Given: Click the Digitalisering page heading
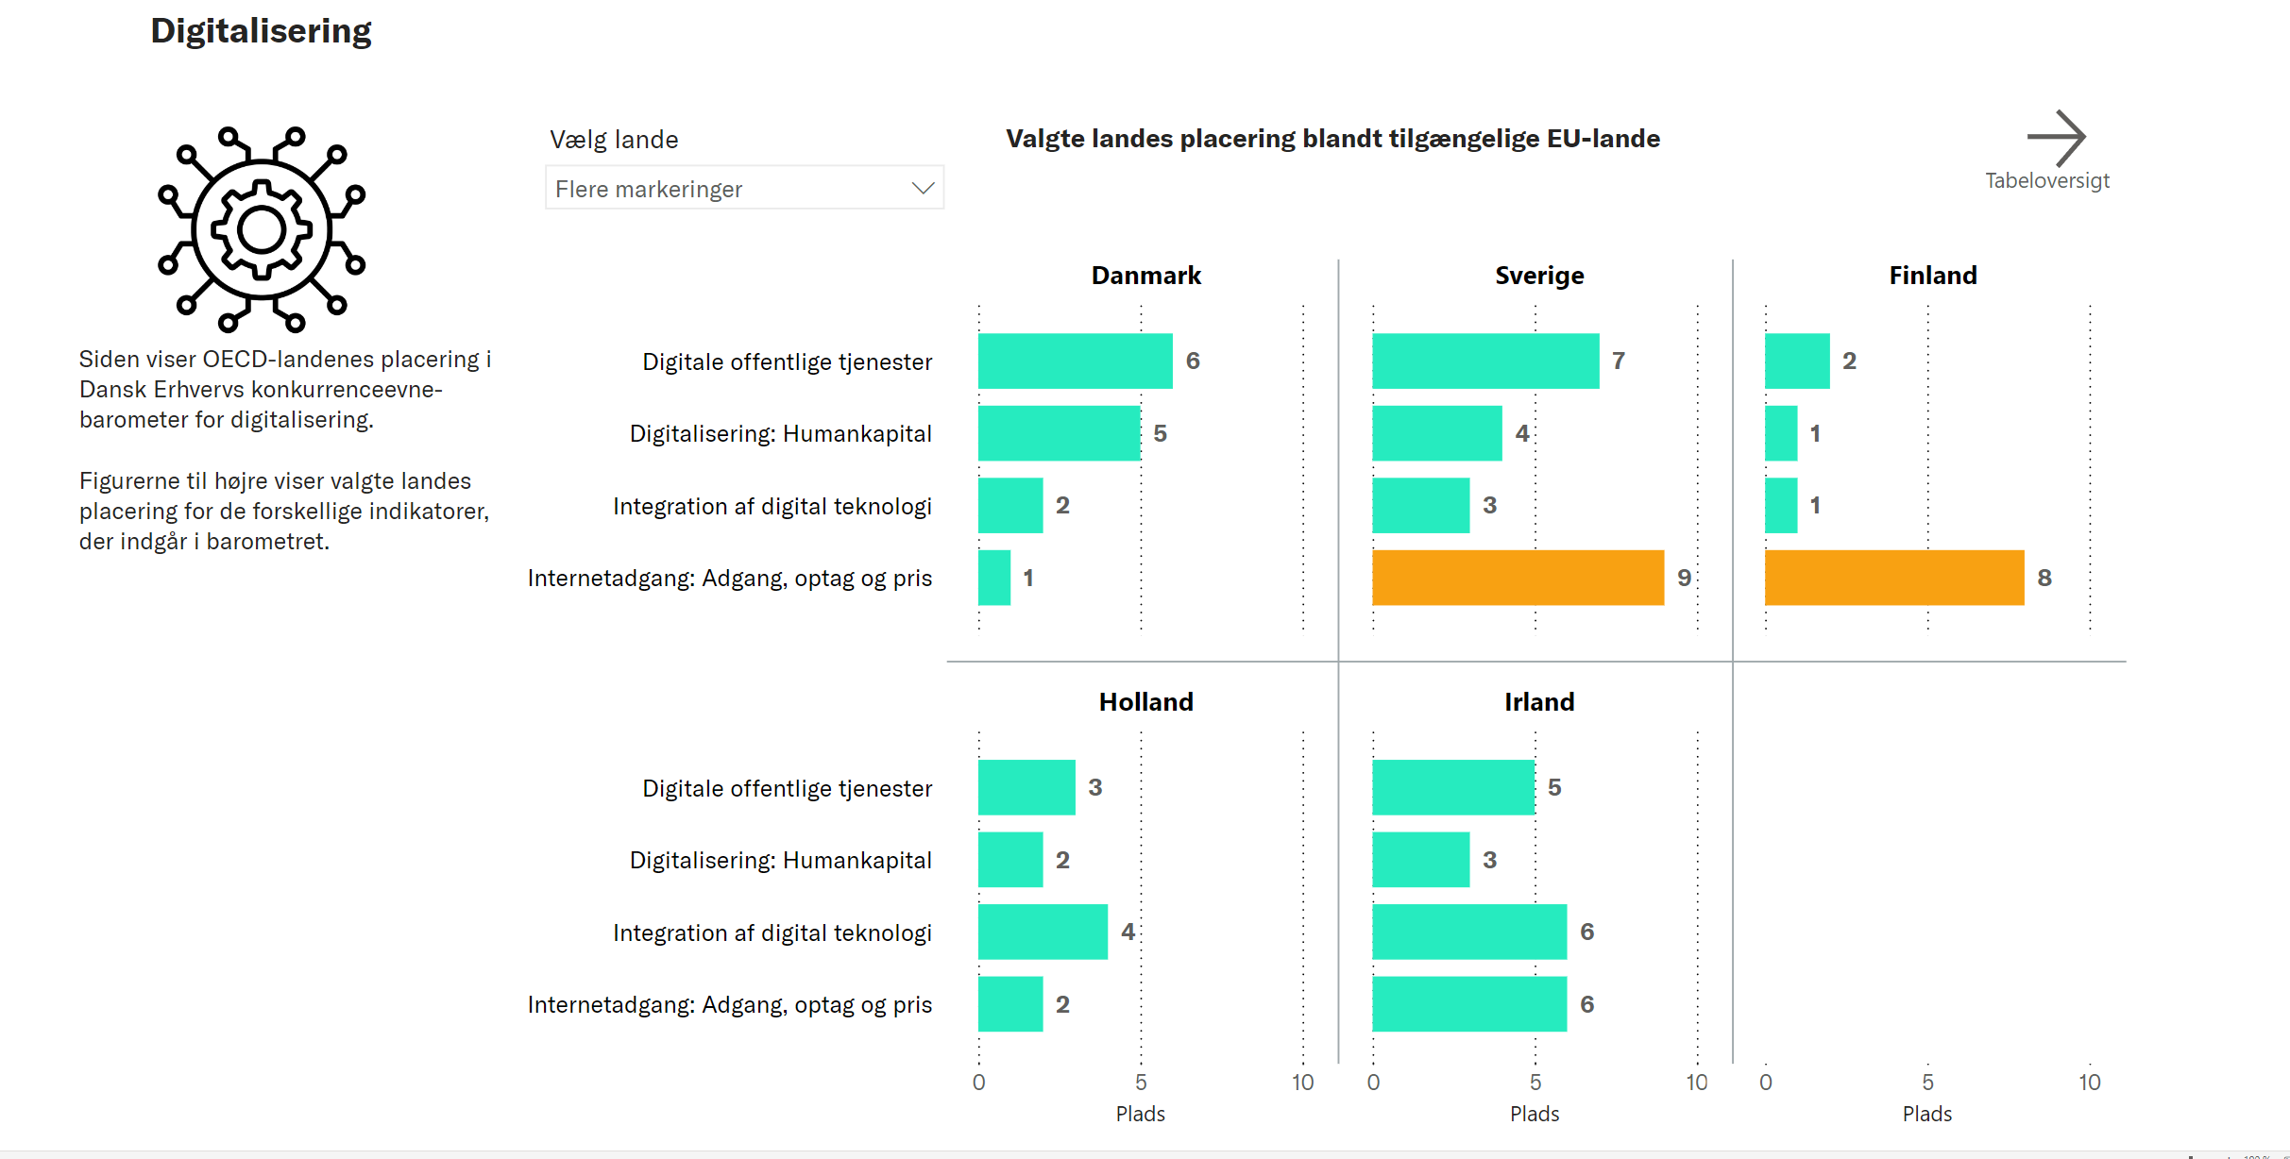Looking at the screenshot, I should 261,31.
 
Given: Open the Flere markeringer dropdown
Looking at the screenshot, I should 744,189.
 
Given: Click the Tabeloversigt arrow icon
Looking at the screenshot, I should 2056,138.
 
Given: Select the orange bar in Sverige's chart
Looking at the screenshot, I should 1518,578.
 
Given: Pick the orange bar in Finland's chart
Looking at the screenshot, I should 1893,578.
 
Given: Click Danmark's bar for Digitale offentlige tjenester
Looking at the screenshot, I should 1075,361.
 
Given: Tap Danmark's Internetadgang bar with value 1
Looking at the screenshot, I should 994,578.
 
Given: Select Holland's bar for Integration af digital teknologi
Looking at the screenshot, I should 1043,932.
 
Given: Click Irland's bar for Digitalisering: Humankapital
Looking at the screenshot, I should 1420,860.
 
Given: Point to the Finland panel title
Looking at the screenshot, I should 1932,276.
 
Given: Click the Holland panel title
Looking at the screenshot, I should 1145,702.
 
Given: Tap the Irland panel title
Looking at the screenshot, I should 1538,702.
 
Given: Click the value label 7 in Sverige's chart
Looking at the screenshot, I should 1619,361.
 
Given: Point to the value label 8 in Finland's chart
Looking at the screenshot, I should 2044,578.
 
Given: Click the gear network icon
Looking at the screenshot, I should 262,229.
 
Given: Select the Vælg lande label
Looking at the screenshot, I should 614,140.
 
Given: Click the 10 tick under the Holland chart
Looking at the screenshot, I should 1302,1083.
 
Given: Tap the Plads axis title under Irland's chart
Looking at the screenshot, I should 1535,1114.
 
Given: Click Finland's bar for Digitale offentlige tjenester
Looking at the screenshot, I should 1797,361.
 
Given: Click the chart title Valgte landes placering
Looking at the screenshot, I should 1332,139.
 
